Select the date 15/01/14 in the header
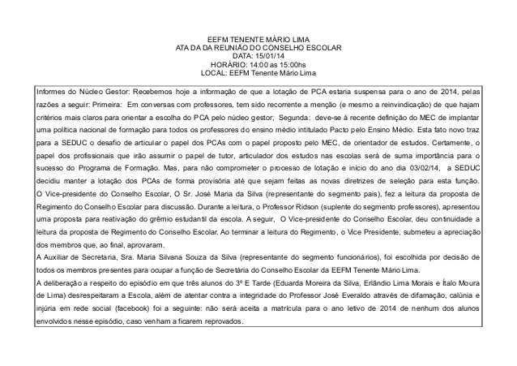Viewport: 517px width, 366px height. [x=273, y=56]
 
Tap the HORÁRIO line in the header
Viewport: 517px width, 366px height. [x=258, y=64]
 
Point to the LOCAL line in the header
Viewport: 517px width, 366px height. [x=258, y=72]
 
